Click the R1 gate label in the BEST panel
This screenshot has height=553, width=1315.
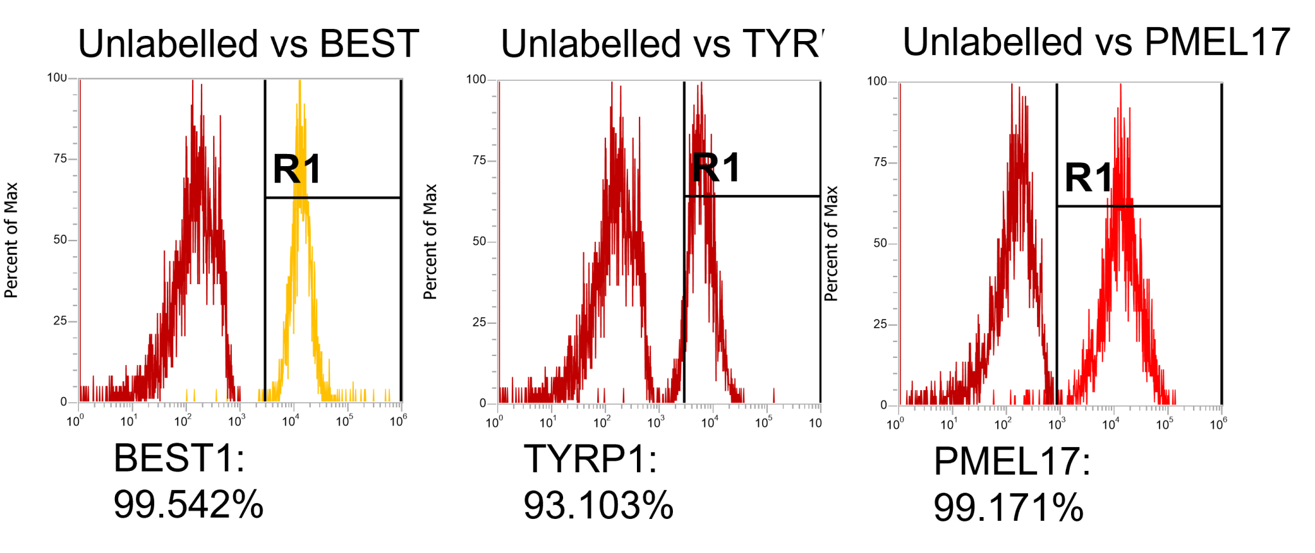point(297,169)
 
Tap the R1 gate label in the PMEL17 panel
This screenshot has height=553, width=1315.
point(1088,178)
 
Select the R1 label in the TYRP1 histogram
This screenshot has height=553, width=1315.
point(716,168)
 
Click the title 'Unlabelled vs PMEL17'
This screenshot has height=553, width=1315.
point(1096,42)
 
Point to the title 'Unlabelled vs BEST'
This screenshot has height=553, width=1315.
point(248,44)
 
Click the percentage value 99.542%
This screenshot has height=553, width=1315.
point(188,504)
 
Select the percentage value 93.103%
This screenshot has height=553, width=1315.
point(598,506)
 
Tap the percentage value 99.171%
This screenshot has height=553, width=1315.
point(1008,508)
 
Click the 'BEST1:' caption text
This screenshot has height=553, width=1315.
point(179,459)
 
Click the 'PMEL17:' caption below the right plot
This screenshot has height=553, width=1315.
point(1012,461)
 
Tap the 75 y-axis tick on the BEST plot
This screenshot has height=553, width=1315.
point(60,158)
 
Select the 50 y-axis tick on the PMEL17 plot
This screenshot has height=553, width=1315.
point(880,243)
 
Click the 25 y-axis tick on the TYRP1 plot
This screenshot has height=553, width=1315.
point(479,322)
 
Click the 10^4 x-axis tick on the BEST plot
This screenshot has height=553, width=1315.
point(290,421)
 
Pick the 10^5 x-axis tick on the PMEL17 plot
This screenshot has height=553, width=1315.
point(1164,424)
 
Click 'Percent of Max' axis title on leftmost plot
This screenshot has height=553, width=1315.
point(11,241)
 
